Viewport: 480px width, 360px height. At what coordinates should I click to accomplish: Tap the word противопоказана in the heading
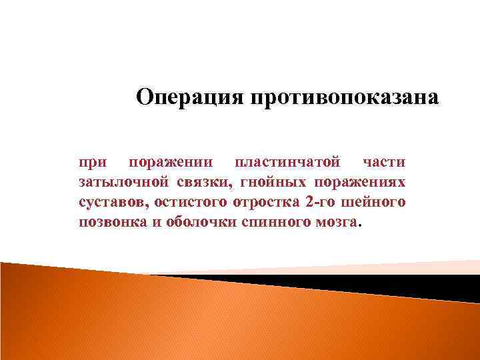pos(344,97)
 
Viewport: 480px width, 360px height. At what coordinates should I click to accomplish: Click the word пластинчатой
pos(283,162)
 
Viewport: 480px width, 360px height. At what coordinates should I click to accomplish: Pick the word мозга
pos(334,222)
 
